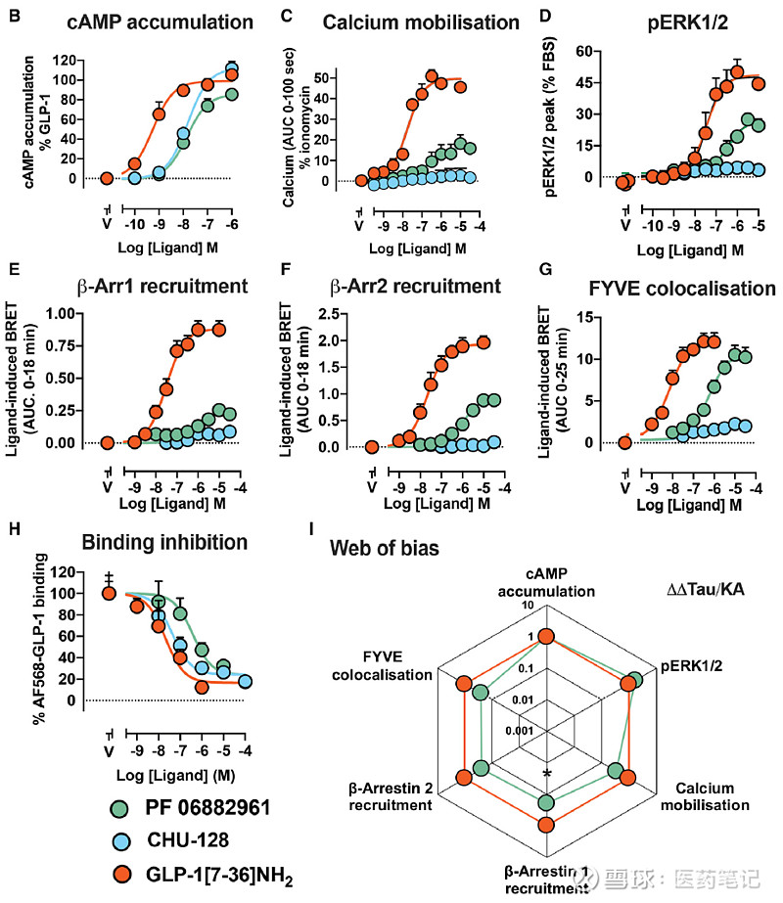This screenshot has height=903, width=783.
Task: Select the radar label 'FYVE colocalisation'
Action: click(x=382, y=666)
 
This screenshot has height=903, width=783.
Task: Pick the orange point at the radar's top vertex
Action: click(x=547, y=638)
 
